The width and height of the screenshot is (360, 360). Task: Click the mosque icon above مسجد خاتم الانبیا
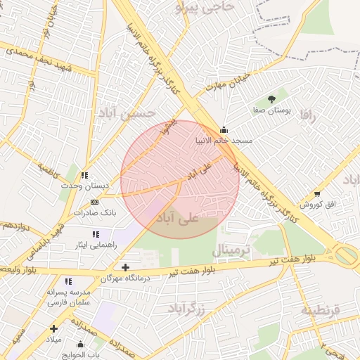[x=224, y=130]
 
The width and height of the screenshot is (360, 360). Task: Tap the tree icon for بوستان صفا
[x=272, y=99]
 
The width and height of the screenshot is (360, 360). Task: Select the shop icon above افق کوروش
[x=317, y=193]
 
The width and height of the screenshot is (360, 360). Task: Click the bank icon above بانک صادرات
[x=94, y=202]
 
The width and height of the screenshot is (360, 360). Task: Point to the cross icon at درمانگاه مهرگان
[x=125, y=267]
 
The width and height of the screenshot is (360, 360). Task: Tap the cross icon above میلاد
[x=53, y=328]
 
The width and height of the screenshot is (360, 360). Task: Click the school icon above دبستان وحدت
[x=84, y=175]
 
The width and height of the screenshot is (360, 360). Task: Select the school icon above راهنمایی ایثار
[x=95, y=234]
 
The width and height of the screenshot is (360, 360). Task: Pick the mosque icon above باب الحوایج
[x=80, y=345]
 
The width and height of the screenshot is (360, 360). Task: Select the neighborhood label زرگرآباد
[x=186, y=308]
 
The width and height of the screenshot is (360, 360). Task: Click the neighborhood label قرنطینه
[x=321, y=309]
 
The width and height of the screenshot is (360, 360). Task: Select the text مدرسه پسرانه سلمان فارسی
[x=67, y=296]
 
